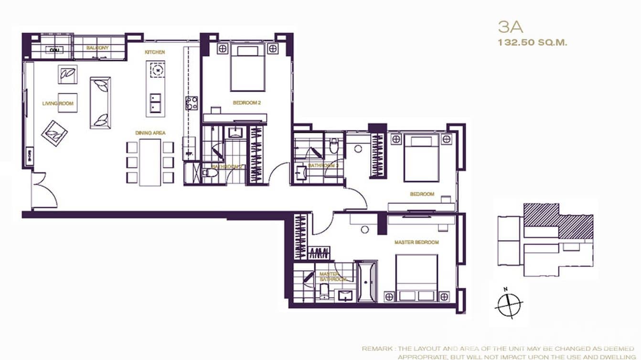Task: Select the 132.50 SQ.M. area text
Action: click(x=532, y=42)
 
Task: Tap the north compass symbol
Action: click(x=509, y=304)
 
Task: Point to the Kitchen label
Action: click(x=155, y=52)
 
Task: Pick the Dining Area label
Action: click(x=150, y=133)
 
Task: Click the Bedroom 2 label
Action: click(x=246, y=103)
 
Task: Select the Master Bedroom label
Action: click(x=416, y=243)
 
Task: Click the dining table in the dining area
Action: click(x=150, y=162)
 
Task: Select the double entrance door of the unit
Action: click(x=44, y=191)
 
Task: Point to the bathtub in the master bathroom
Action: click(x=367, y=281)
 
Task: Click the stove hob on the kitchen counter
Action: click(x=192, y=103)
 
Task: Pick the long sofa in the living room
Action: click(x=100, y=102)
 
